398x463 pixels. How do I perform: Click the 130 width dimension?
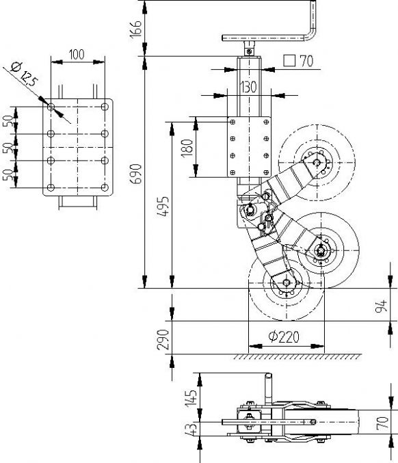point(248,87)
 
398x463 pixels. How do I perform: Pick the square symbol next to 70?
point(289,61)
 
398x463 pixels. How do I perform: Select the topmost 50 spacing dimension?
point(8,121)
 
